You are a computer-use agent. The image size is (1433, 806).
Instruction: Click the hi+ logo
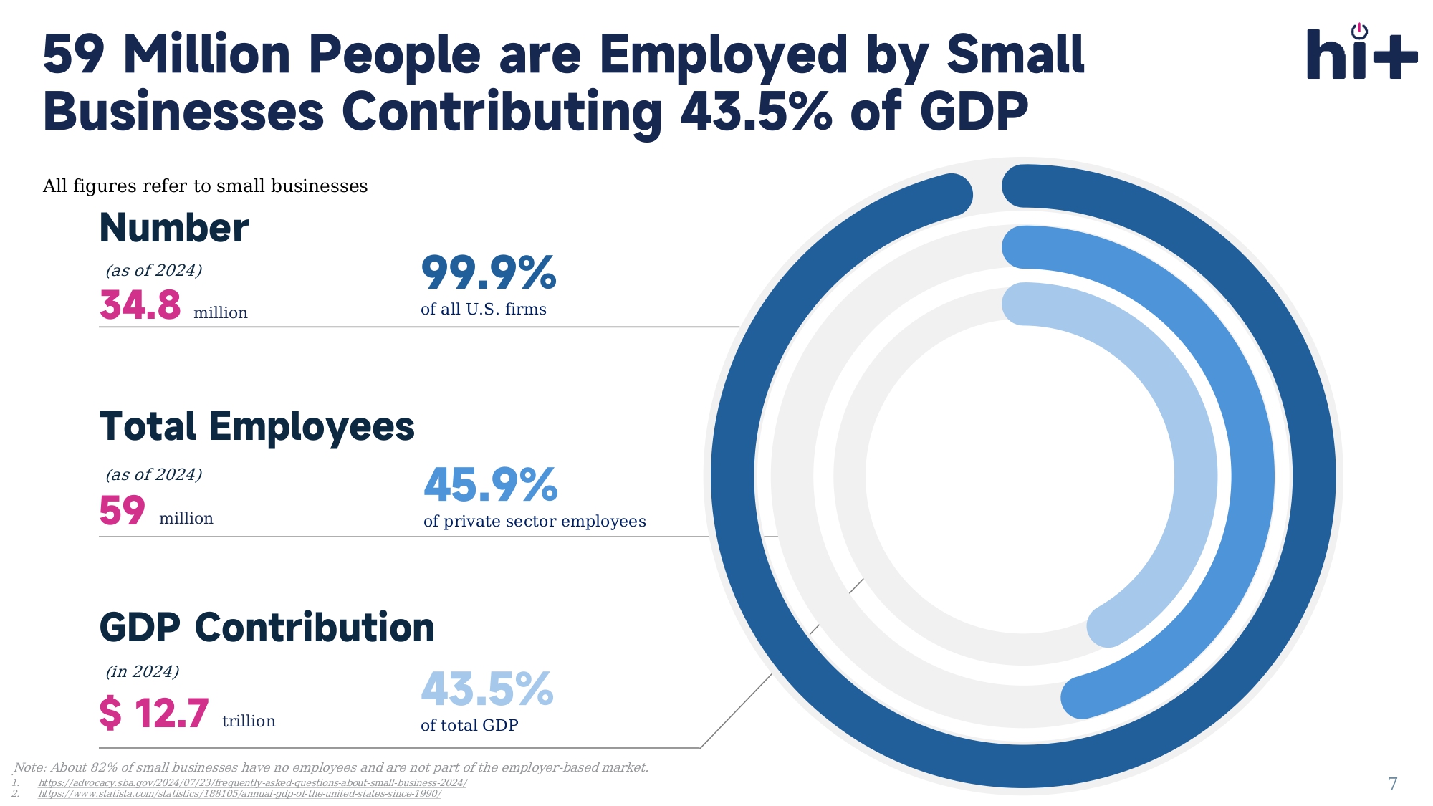[x=1361, y=53]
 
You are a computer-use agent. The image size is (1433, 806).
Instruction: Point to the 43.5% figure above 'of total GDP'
[x=487, y=689]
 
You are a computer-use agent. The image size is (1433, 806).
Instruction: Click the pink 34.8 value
[x=140, y=304]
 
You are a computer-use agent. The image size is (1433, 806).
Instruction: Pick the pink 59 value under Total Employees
[x=123, y=511]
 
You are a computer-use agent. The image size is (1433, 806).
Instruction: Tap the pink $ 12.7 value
[x=154, y=714]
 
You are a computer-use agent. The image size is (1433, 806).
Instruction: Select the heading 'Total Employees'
[x=257, y=427]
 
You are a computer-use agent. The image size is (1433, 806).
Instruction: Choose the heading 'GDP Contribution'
[x=267, y=628]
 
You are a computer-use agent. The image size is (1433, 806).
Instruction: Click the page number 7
[x=1392, y=784]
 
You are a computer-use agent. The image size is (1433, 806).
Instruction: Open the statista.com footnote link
[x=239, y=793]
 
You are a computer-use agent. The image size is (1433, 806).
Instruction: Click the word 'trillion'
[x=249, y=721]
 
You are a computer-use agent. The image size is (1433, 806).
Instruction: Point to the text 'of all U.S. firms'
[x=484, y=310]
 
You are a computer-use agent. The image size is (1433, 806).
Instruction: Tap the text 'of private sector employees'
[x=535, y=522]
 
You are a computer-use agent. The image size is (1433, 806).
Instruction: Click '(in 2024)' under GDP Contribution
[x=143, y=671]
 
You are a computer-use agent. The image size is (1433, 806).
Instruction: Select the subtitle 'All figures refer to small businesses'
[x=205, y=186]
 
